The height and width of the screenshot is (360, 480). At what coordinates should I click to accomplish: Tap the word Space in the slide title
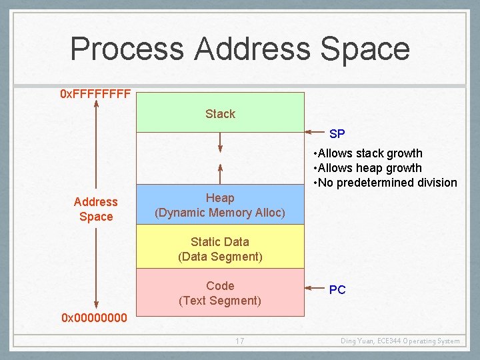[x=365, y=50]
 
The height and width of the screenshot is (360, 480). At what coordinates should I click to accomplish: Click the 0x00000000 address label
[x=94, y=318]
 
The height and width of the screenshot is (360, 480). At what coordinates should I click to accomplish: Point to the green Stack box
[x=220, y=113]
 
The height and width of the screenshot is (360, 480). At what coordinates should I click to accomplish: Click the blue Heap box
[x=220, y=204]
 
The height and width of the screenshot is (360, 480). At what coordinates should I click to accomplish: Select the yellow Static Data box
[x=220, y=249]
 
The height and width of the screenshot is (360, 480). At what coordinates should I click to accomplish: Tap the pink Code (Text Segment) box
[x=220, y=293]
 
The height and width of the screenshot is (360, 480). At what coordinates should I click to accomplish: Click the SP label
[x=337, y=134]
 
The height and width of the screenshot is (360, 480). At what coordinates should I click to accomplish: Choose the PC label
[x=337, y=290]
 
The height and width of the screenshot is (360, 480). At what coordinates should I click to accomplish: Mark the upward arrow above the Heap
[x=220, y=173]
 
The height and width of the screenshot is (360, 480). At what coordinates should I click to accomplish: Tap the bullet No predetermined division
[x=385, y=183]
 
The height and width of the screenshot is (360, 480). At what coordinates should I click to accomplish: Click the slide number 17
[x=239, y=341]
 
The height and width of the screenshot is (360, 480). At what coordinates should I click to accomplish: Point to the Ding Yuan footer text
[x=400, y=341]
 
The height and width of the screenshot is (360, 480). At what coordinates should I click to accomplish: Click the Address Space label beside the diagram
[x=95, y=209]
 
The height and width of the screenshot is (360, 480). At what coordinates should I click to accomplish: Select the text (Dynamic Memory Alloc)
[x=220, y=213]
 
